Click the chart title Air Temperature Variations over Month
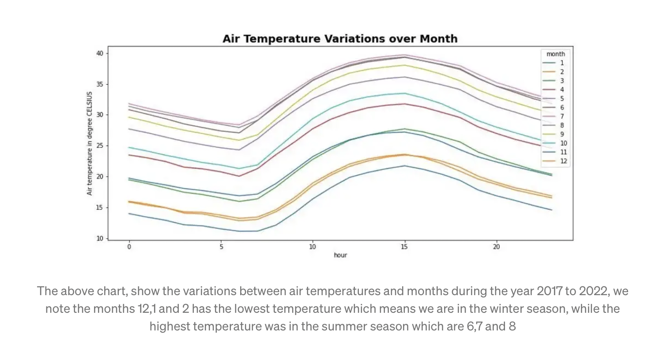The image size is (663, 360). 339,39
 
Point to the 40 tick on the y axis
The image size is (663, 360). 100,53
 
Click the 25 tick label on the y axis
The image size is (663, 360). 100,146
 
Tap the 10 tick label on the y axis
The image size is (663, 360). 100,238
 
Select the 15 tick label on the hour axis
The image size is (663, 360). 404,247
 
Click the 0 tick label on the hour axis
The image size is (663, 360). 129,247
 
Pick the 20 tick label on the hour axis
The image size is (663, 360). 496,247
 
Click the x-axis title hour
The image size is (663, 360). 340,255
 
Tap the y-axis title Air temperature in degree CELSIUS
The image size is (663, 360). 90,143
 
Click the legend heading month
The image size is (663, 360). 555,54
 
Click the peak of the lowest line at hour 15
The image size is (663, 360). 404,166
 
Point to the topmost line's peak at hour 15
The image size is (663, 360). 404,55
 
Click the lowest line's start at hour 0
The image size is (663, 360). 129,214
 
